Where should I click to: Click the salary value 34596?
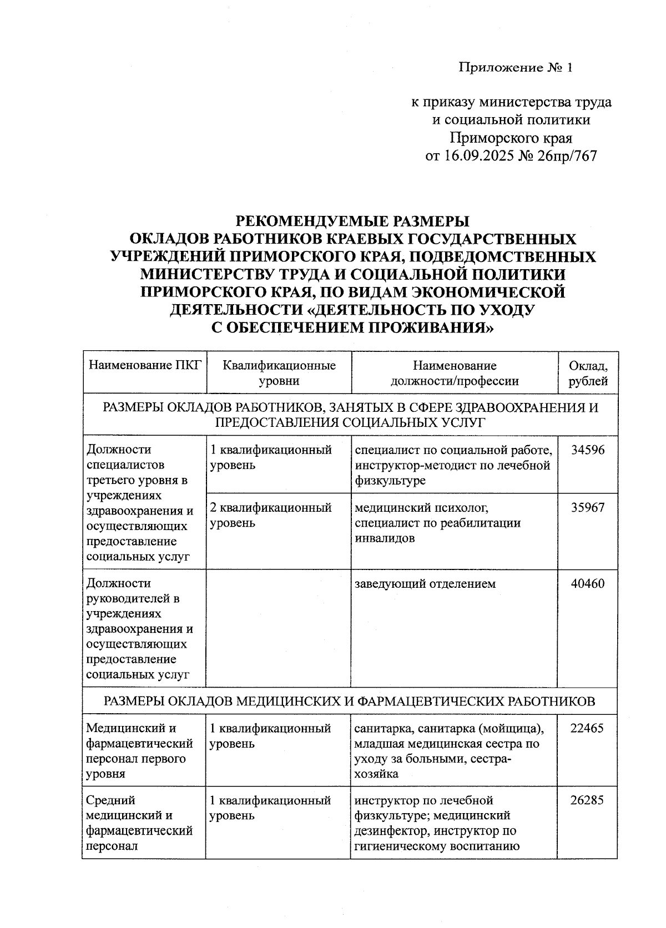click(x=588, y=450)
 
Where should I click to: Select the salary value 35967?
click(x=588, y=507)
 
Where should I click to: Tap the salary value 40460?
click(x=588, y=583)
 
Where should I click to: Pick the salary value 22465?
click(x=587, y=728)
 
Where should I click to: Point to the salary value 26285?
click(x=587, y=800)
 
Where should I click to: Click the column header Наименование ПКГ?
click(x=144, y=366)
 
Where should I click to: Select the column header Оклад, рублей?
click(x=588, y=373)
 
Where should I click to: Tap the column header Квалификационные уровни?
click(x=279, y=373)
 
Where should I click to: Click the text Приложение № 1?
click(x=514, y=68)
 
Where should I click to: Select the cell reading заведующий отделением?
click(x=425, y=584)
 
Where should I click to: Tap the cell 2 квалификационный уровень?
click(x=271, y=515)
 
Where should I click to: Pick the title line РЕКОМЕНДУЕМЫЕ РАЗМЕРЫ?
click(x=352, y=221)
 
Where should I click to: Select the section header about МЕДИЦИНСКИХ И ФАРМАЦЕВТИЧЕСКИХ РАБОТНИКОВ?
click(x=350, y=701)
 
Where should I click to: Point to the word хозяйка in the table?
click(x=376, y=774)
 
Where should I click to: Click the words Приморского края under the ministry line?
click(x=511, y=138)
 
